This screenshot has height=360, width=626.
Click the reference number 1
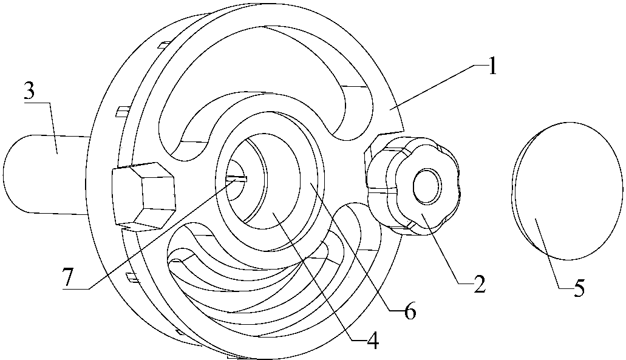pos(492,66)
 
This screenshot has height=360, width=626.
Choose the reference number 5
pos(579,287)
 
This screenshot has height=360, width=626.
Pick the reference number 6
pos(409,311)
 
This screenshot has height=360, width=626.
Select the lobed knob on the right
pos(413,186)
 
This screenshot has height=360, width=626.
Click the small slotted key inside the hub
pos(237,179)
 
